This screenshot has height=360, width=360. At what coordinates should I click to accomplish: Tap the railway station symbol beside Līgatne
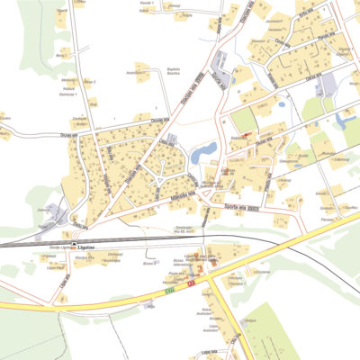[75, 243]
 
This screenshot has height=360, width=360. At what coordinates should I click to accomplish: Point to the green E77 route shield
[168, 290]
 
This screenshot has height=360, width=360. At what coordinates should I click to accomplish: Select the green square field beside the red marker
[243, 120]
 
